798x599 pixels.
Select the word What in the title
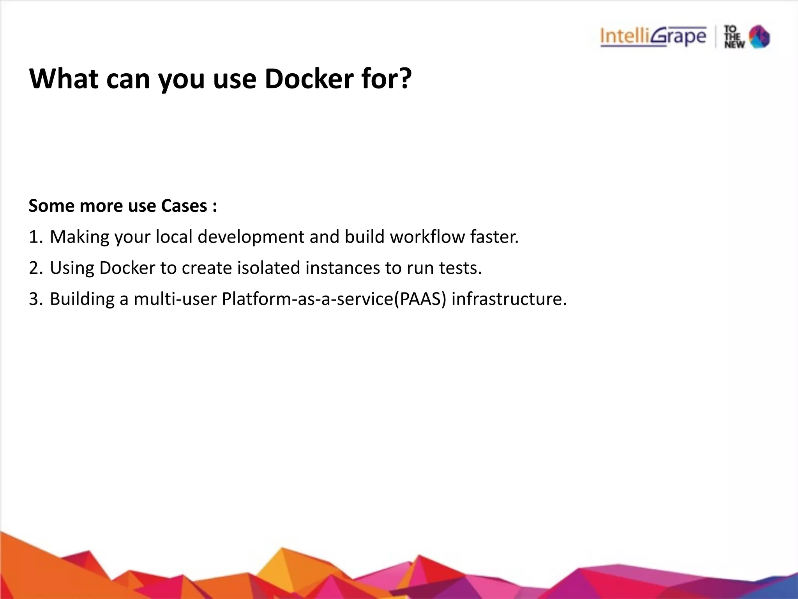coord(64,79)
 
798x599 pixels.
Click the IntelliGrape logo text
coord(653,37)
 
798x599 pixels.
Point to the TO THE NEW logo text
coord(734,37)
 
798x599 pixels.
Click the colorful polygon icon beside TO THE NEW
coord(760,37)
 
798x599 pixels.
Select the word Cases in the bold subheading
coord(184,206)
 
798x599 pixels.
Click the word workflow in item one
coord(427,237)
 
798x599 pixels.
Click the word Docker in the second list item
coord(127,268)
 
